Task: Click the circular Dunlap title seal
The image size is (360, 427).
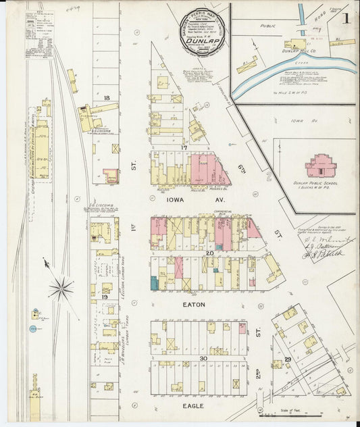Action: (x=199, y=30)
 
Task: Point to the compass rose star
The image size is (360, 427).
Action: (x=61, y=289)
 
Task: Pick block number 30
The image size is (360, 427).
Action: (x=203, y=358)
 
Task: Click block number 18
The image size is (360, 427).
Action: (x=107, y=98)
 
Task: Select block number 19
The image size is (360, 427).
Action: (x=105, y=297)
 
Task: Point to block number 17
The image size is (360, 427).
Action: (x=183, y=147)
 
